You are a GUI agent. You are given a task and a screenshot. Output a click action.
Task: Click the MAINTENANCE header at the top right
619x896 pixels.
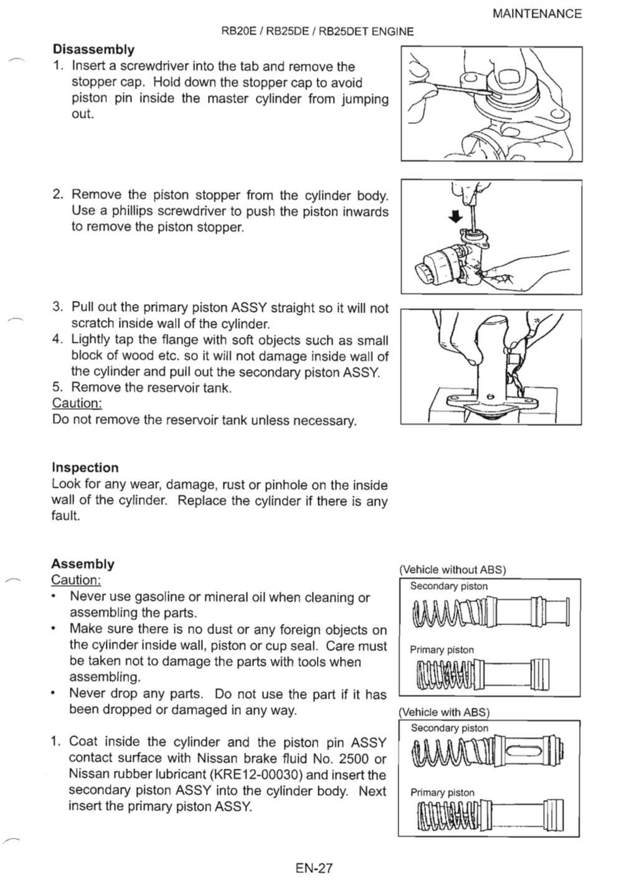[537, 14]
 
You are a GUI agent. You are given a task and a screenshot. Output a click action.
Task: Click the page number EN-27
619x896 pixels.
[314, 867]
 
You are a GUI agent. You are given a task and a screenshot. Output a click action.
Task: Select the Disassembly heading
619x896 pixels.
[93, 49]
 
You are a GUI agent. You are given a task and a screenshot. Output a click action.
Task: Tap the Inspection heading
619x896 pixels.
[85, 467]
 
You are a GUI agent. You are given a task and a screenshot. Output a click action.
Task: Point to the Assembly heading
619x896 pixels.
[83, 564]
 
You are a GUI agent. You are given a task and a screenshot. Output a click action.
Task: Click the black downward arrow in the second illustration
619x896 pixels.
[456, 216]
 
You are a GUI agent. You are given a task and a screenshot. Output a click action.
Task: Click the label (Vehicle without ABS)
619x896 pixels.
[453, 570]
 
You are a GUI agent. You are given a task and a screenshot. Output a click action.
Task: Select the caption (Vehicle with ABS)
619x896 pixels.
[444, 712]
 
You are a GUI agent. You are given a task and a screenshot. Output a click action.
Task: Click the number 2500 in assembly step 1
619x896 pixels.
[352, 758]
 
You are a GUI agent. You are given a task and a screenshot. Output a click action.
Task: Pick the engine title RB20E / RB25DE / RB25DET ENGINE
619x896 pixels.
[317, 32]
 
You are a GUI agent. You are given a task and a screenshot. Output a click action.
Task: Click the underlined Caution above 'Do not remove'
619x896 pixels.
[77, 403]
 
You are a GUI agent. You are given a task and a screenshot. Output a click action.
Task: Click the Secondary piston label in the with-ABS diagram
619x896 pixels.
[450, 728]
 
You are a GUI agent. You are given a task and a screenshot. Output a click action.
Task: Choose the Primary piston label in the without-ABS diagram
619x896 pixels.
[442, 650]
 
